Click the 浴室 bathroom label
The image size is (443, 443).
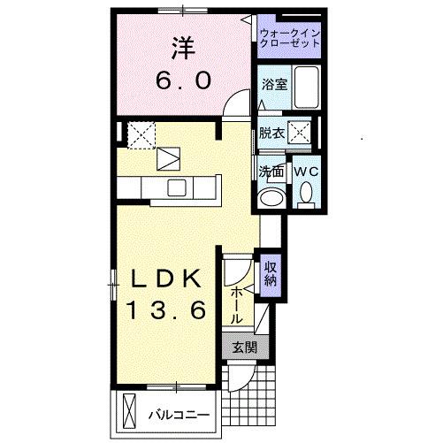point(273,85)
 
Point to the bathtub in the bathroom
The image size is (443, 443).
point(306,87)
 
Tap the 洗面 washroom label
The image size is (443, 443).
point(271,170)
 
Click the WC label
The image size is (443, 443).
point(306,170)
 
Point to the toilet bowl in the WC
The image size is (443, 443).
point(306,192)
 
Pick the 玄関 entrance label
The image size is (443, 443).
point(243,348)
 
